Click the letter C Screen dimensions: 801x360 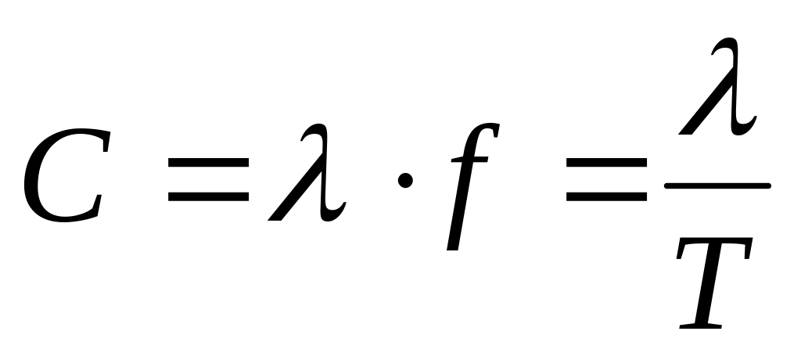63,181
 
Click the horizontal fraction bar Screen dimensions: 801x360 717,186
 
